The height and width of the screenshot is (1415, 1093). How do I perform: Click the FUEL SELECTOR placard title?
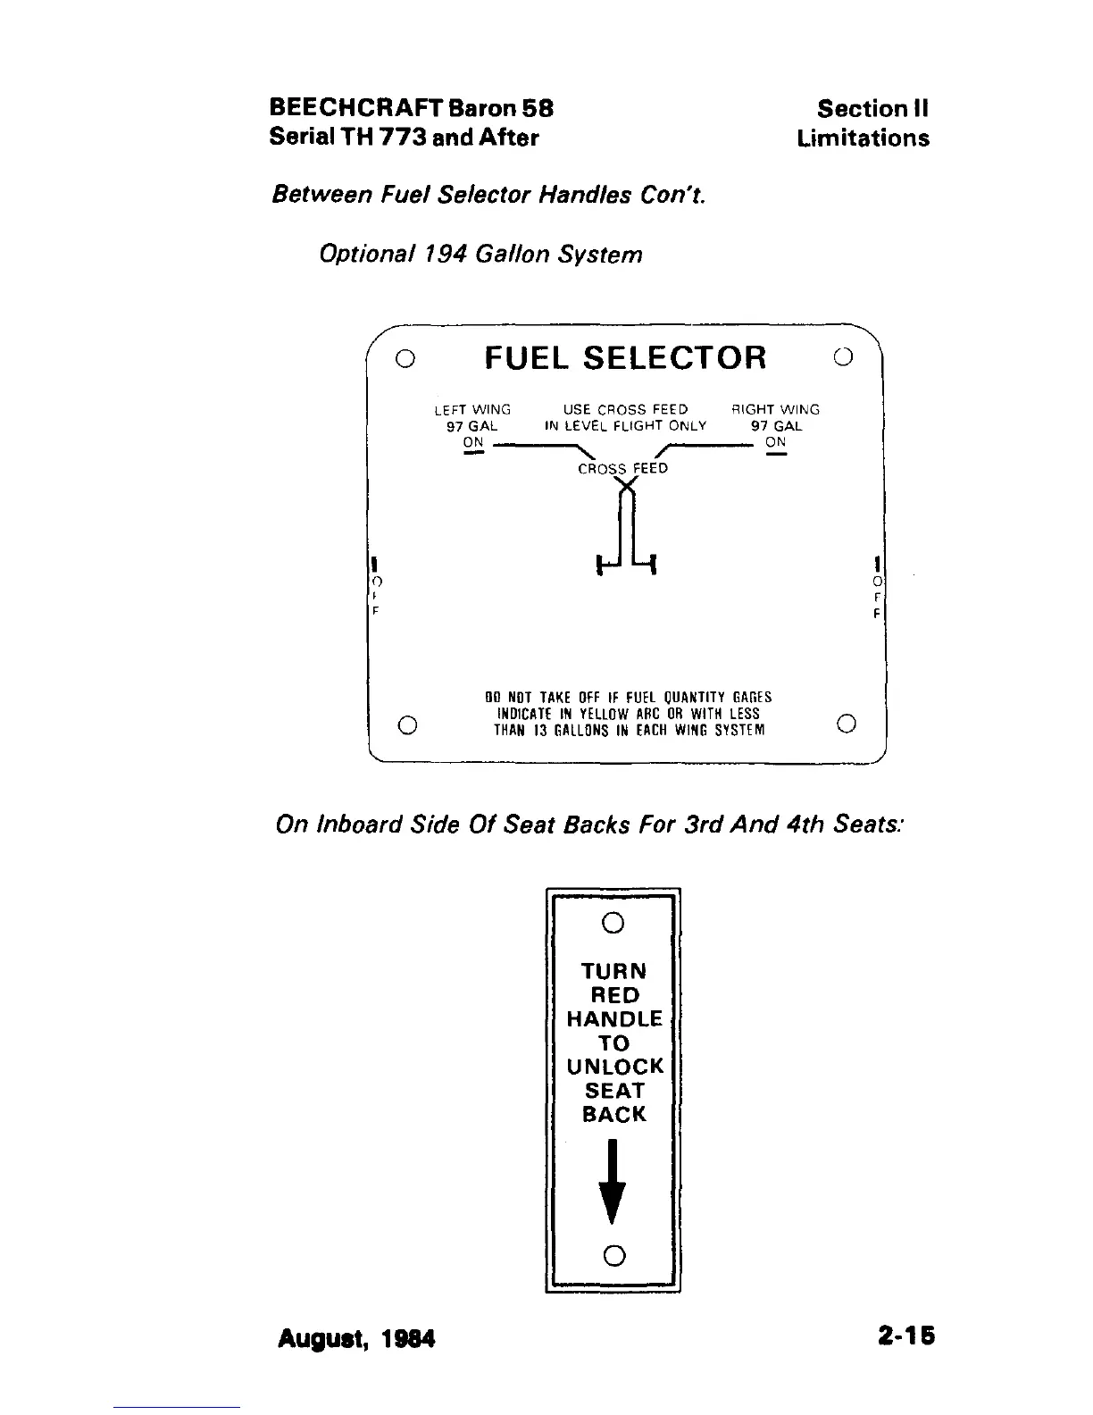pyautogui.click(x=625, y=358)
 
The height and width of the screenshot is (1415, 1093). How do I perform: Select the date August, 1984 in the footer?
pyautogui.click(x=356, y=1338)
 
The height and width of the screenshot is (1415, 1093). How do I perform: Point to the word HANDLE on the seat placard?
pyautogui.click(x=614, y=1019)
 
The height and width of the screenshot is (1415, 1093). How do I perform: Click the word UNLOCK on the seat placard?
pyautogui.click(x=614, y=1067)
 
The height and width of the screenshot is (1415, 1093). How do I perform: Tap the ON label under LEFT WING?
pyautogui.click(x=473, y=442)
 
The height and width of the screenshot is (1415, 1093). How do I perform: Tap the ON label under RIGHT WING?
pyautogui.click(x=775, y=442)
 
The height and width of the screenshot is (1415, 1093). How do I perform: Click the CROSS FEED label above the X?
pyautogui.click(x=622, y=468)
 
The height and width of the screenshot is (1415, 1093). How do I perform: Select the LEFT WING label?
pyautogui.click(x=472, y=410)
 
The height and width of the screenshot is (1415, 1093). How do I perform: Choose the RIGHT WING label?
pyautogui.click(x=775, y=410)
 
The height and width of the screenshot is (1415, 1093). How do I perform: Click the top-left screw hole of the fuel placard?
pyautogui.click(x=405, y=358)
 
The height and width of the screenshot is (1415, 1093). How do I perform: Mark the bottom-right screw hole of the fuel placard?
pyautogui.click(x=847, y=723)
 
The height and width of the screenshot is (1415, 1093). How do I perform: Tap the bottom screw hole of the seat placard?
pyautogui.click(x=613, y=1255)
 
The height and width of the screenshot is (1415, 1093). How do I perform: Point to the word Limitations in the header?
pyautogui.click(x=863, y=138)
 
